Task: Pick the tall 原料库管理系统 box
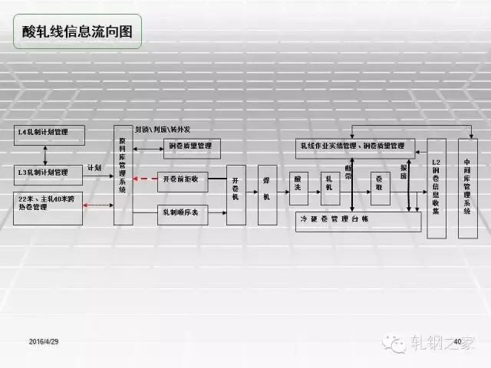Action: click(123, 174)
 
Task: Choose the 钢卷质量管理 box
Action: click(187, 146)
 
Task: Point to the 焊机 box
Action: click(267, 195)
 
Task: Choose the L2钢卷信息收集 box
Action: click(436, 189)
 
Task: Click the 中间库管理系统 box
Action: click(467, 189)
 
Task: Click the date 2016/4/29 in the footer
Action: click(44, 340)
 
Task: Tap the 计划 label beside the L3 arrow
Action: click(94, 166)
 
